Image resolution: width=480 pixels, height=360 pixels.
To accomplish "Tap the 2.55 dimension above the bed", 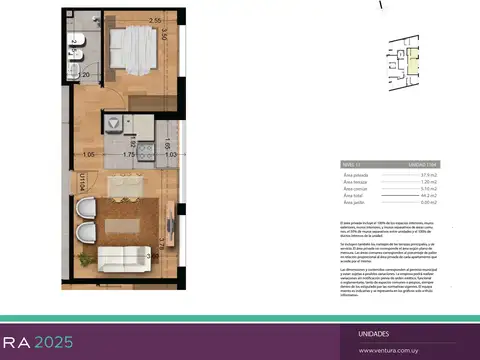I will [x=155, y=20].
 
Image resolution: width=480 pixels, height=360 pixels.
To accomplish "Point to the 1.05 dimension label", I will [x=88, y=155].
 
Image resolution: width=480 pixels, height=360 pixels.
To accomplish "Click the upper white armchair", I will [x=89, y=209].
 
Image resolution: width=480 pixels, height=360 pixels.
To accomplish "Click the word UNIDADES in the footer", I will [x=374, y=333].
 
